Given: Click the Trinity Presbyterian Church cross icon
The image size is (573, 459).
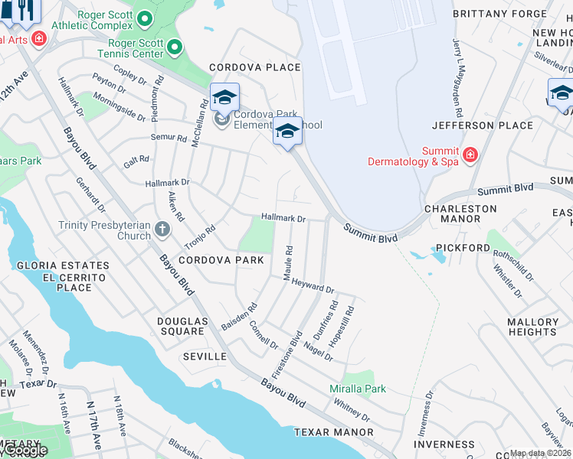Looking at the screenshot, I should [162, 228].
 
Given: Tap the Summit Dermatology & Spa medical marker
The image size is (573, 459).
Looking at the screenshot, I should [470, 155].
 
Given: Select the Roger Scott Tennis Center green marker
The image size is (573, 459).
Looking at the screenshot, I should [175, 48].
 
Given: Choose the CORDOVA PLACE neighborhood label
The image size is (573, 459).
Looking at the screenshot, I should [255, 67].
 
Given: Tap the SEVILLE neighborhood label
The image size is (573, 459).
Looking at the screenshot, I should [205, 356].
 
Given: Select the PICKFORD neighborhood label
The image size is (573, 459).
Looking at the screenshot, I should [463, 248].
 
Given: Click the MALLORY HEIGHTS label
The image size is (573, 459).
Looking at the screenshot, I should [532, 327].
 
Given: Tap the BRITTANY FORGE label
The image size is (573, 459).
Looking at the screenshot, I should [502, 14].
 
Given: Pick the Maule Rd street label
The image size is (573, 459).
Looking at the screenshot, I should [290, 262].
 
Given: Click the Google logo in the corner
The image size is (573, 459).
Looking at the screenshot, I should [24, 451].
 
